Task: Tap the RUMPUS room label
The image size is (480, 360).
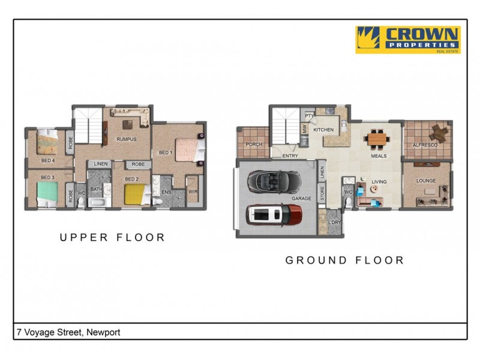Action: (x=126, y=139)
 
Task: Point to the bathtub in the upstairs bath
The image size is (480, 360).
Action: (x=97, y=202)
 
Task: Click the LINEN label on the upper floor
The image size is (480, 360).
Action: (x=101, y=164)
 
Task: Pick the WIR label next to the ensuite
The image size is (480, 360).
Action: (x=193, y=192)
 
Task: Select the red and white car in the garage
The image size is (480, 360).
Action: (x=275, y=214)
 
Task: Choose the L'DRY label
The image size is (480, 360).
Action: (x=335, y=223)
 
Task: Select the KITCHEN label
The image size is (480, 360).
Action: (x=323, y=130)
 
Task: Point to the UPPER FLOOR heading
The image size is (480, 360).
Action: (x=112, y=238)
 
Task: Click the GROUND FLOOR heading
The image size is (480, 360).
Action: (x=344, y=260)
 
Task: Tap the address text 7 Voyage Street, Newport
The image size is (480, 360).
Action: (x=68, y=332)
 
